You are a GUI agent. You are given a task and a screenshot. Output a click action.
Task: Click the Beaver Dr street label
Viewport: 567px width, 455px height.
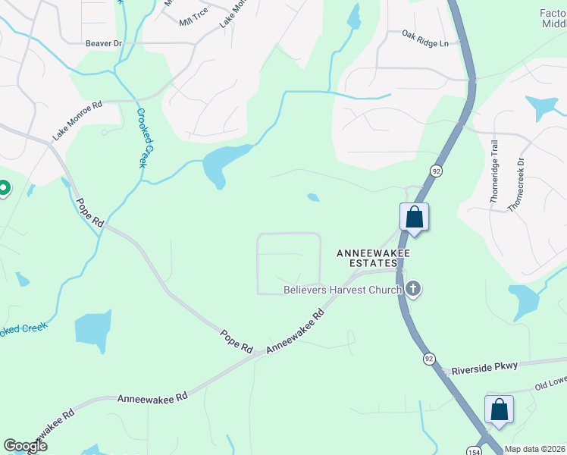pos(104,44)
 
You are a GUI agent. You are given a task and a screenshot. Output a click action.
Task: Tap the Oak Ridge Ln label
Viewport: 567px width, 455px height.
pos(425,39)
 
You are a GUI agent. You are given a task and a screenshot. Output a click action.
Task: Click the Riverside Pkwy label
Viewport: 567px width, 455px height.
pos(484,368)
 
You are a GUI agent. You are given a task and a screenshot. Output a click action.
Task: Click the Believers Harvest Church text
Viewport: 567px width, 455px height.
pos(342,289)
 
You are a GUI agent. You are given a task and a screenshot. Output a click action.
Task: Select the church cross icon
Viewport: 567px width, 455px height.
pos(413,289)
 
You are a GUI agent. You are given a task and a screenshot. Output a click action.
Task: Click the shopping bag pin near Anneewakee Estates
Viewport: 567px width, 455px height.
pos(415,217)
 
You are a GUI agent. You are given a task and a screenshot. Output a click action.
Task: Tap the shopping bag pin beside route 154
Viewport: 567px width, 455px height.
pos(499,409)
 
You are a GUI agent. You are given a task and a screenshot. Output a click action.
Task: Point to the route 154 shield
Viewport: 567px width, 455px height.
pos(472,442)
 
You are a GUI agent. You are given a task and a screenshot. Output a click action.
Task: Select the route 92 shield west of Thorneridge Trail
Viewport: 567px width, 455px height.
pos(436,171)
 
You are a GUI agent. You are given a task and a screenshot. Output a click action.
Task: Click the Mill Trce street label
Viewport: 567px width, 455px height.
pos(193,22)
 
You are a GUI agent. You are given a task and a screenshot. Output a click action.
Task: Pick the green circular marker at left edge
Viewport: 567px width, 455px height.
pos(3,187)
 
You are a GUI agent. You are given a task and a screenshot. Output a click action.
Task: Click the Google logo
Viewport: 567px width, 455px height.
pos(26,446)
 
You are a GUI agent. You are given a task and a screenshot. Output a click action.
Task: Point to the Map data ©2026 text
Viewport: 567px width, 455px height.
pos(535,449)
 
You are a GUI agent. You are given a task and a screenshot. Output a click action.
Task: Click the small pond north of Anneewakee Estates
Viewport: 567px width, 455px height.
pos(312,198)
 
